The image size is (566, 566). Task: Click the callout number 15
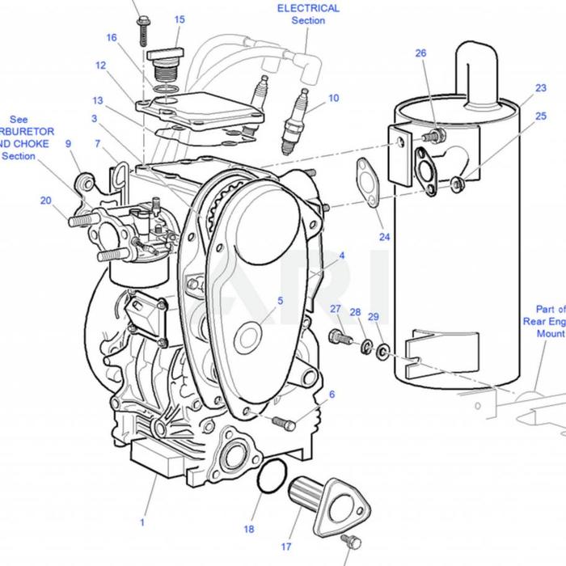(179, 19)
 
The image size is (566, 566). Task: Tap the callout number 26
(420, 53)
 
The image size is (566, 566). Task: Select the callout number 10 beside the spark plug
(334, 99)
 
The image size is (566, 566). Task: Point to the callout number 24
(384, 237)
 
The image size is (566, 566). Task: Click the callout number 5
(280, 301)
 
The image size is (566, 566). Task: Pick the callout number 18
(249, 529)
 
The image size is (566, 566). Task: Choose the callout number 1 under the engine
(142, 523)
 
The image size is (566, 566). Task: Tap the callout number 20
(45, 201)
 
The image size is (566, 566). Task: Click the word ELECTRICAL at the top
(308, 8)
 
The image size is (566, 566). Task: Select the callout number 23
(518, 89)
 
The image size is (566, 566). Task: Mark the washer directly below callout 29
(382, 350)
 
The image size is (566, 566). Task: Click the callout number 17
(286, 547)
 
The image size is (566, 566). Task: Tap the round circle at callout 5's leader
(248, 338)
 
